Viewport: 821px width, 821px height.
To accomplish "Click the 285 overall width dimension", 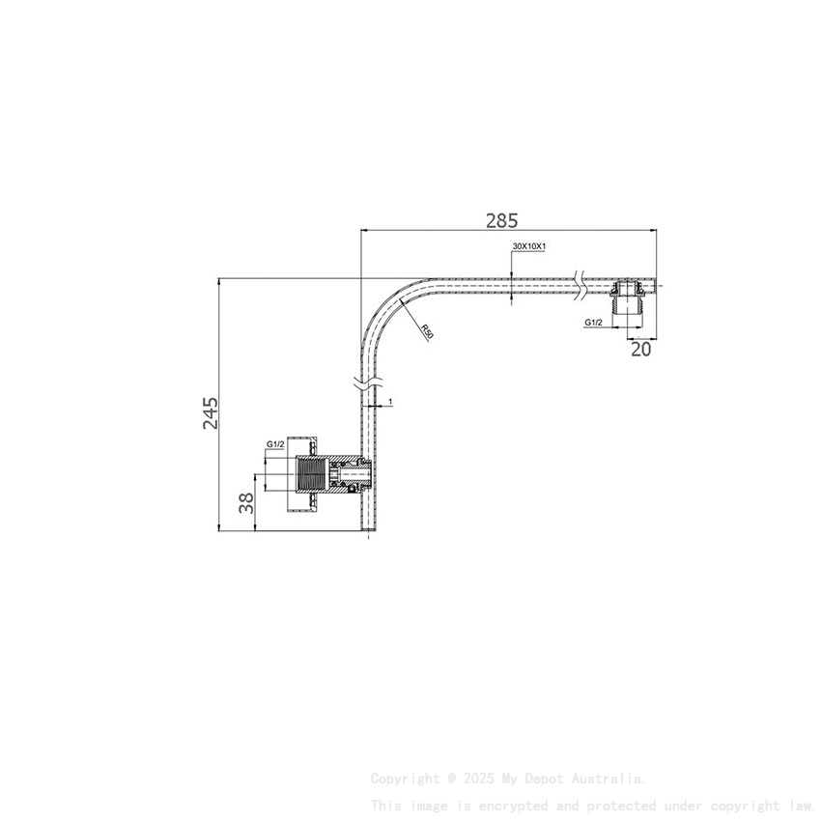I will (x=501, y=219).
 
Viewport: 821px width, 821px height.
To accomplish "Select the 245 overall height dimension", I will (x=211, y=412).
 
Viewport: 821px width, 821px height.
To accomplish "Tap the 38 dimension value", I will (x=246, y=502).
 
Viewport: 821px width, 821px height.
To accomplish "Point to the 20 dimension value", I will (x=640, y=350).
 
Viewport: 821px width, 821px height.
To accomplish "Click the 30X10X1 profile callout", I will (x=529, y=247).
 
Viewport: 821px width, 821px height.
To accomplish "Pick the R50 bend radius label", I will (x=427, y=331).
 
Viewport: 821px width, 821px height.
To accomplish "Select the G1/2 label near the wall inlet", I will (x=274, y=444).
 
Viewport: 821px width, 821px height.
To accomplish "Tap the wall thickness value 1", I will (x=389, y=400).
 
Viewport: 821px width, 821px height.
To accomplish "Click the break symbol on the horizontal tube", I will (x=578, y=284).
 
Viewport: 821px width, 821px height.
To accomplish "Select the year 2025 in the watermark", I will (x=480, y=779).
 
